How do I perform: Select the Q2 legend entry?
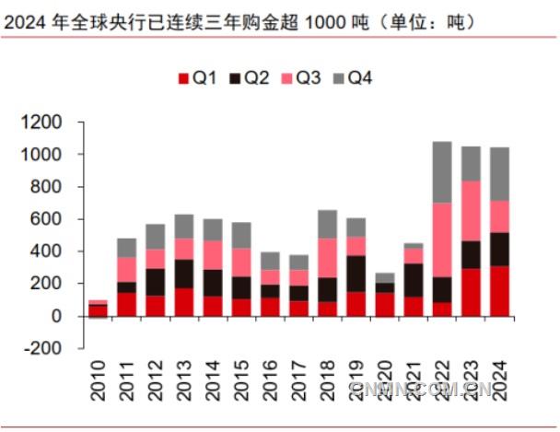[x=248, y=79]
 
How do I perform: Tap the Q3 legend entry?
[x=300, y=79]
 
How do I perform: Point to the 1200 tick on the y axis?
[x=43, y=123]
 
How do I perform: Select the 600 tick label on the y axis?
[x=48, y=219]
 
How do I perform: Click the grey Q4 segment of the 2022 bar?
[x=442, y=172]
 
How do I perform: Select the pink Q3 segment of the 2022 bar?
[x=442, y=239]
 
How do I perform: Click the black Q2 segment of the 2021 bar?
[x=413, y=280]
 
